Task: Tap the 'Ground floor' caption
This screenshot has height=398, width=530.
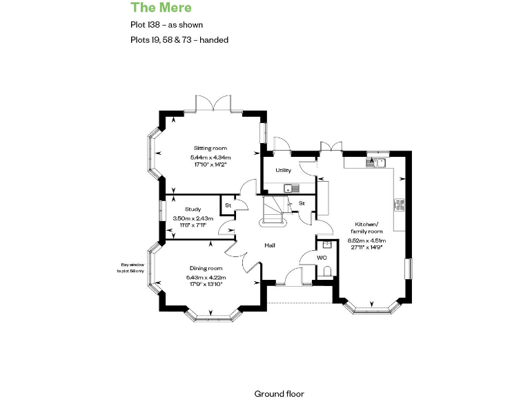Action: [279, 393]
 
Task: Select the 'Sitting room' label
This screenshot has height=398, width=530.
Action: [210, 149]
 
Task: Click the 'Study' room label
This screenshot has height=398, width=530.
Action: [193, 209]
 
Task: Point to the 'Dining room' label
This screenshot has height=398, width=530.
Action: [206, 268]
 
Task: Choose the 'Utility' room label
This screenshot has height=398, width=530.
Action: [283, 170]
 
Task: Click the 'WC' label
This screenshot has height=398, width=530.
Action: [322, 258]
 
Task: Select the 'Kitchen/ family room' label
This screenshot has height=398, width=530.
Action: [366, 227]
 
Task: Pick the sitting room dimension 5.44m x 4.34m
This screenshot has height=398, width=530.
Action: [210, 158]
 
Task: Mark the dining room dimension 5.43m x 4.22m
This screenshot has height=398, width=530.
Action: [206, 278]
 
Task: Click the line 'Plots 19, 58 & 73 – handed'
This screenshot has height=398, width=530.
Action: [179, 40]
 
